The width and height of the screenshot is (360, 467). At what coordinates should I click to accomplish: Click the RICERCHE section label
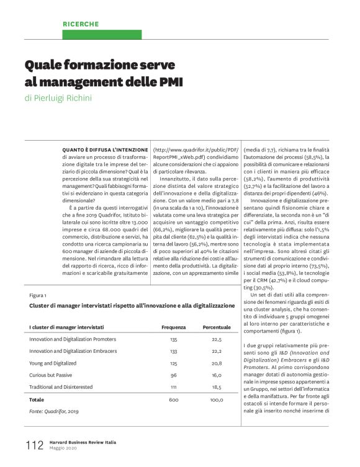coord(81,24)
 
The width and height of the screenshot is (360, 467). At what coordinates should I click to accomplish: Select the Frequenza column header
coord(174,327)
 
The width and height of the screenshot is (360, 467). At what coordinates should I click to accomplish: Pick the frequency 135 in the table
coord(174,339)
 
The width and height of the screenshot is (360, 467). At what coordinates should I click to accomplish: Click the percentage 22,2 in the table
coord(217,351)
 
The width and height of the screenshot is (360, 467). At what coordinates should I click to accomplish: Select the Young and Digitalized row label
coord(53,363)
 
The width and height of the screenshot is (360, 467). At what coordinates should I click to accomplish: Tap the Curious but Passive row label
coord(51,375)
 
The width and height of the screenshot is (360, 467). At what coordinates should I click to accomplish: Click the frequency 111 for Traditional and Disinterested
coord(174,387)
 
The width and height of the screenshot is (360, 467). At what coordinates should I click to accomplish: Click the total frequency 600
coord(174,400)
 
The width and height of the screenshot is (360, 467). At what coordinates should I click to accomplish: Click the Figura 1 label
coord(38,295)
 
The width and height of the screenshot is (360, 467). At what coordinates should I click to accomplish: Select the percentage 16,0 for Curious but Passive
coord(217,375)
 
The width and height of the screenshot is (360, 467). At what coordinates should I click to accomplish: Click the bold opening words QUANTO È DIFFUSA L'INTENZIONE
coord(104,150)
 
